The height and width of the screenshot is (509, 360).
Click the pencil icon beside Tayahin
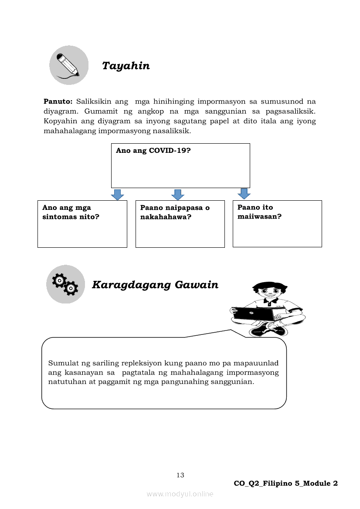coord(68,65)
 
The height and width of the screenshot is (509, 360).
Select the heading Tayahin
coord(126,66)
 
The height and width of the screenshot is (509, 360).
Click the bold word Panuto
coord(58,101)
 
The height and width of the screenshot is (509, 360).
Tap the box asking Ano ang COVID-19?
coord(180,165)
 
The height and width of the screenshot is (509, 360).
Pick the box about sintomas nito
coord(82,224)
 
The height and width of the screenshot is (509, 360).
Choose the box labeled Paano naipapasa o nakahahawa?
coord(180,224)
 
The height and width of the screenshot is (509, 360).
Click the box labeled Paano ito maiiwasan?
coord(277,223)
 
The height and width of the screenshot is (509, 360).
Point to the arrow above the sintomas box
coord(117,195)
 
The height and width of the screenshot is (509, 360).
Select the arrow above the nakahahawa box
coord(178,195)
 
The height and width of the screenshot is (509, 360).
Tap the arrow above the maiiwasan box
coord(244,194)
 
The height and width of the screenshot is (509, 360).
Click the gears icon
coord(65,284)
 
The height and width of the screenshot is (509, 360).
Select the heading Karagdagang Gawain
coord(155,285)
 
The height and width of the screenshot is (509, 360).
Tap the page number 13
coord(180,475)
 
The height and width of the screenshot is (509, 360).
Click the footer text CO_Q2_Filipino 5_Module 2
coord(285,483)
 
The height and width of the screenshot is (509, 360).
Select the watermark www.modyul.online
coord(180,494)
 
